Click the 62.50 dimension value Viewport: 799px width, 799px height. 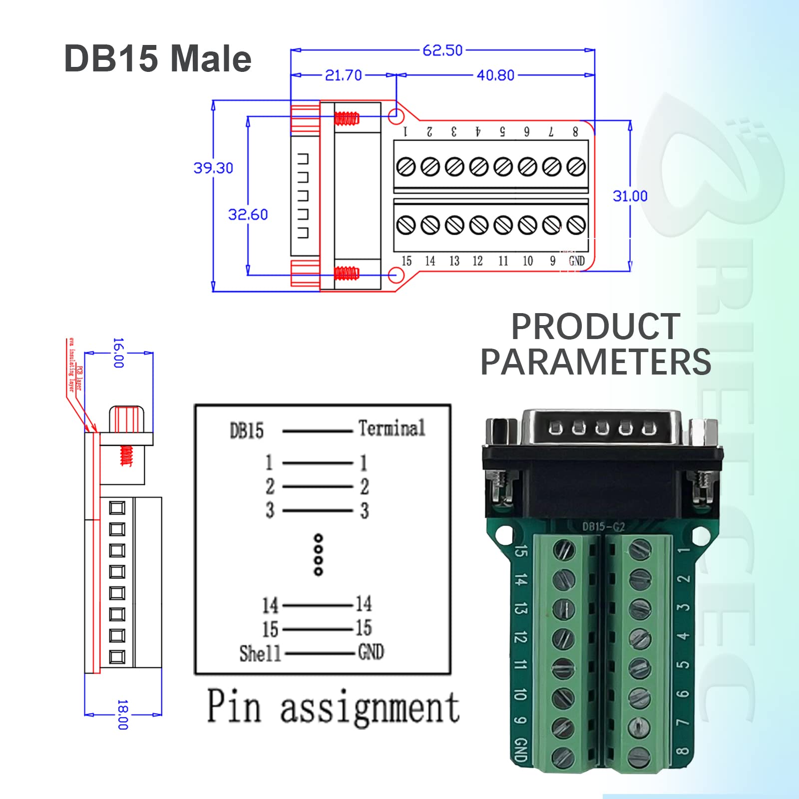point(442,50)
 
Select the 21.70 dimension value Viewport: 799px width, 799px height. point(343,75)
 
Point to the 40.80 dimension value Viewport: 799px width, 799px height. point(495,75)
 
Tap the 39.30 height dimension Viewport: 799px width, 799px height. point(213,168)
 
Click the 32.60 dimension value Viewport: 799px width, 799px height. point(248,215)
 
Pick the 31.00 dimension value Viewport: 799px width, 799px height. point(630,196)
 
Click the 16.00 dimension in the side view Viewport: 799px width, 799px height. point(118,353)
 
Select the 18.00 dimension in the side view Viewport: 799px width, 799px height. point(122,715)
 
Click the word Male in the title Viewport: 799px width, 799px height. point(210,59)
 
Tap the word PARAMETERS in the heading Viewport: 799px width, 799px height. point(595,362)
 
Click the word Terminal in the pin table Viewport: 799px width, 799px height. point(392,428)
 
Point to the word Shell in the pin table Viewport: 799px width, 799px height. point(260,653)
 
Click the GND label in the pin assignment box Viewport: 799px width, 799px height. point(371,652)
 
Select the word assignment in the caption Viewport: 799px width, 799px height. point(370,708)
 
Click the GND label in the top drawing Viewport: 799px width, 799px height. point(576,261)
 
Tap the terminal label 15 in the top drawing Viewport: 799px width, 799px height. point(406,261)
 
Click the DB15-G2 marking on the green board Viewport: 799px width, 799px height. point(603,526)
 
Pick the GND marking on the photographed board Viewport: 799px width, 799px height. point(520,750)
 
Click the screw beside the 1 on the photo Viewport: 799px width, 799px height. point(640,550)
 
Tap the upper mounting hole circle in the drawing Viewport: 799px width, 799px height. point(396,117)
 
